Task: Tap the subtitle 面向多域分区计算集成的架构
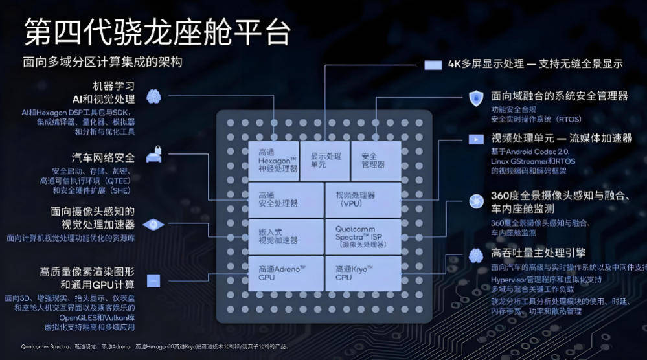(103, 62)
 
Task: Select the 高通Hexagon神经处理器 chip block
(274, 160)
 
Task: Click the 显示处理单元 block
(325, 160)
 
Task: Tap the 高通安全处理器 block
(286, 199)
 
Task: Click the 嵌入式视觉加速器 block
(286, 236)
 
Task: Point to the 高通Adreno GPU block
(286, 273)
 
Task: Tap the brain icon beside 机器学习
(153, 97)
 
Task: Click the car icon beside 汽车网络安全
(153, 156)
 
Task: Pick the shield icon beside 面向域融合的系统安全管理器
(475, 97)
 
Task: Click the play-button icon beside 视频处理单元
(475, 139)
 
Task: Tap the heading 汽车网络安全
(104, 157)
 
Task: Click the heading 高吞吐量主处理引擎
(538, 253)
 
